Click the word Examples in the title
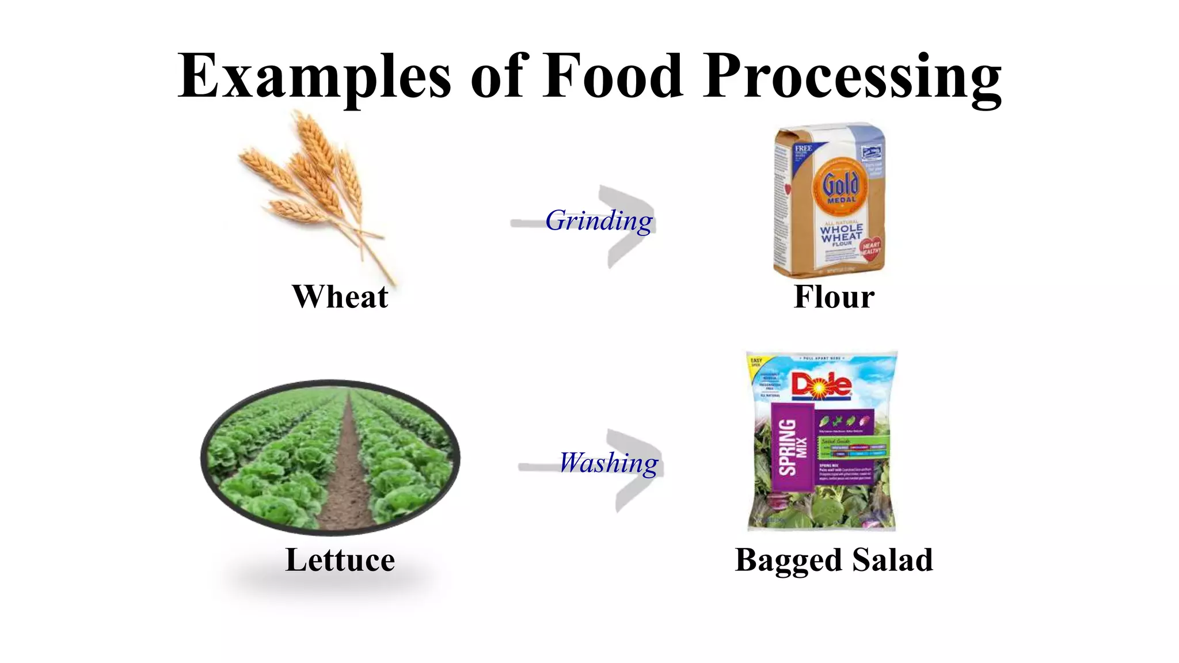pyautogui.click(x=314, y=76)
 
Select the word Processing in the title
pyautogui.click(x=852, y=78)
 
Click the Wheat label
pyautogui.click(x=340, y=297)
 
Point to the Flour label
pyautogui.click(x=834, y=297)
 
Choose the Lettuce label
pyautogui.click(x=340, y=560)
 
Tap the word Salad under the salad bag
pyautogui.click(x=892, y=560)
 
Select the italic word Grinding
pyautogui.click(x=599, y=221)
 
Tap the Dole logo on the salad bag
pyautogui.click(x=822, y=386)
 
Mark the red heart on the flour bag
pyautogui.click(x=870, y=249)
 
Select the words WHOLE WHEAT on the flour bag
pyautogui.click(x=841, y=233)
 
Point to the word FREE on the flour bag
pyautogui.click(x=803, y=148)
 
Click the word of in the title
pyautogui.click(x=498, y=76)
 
